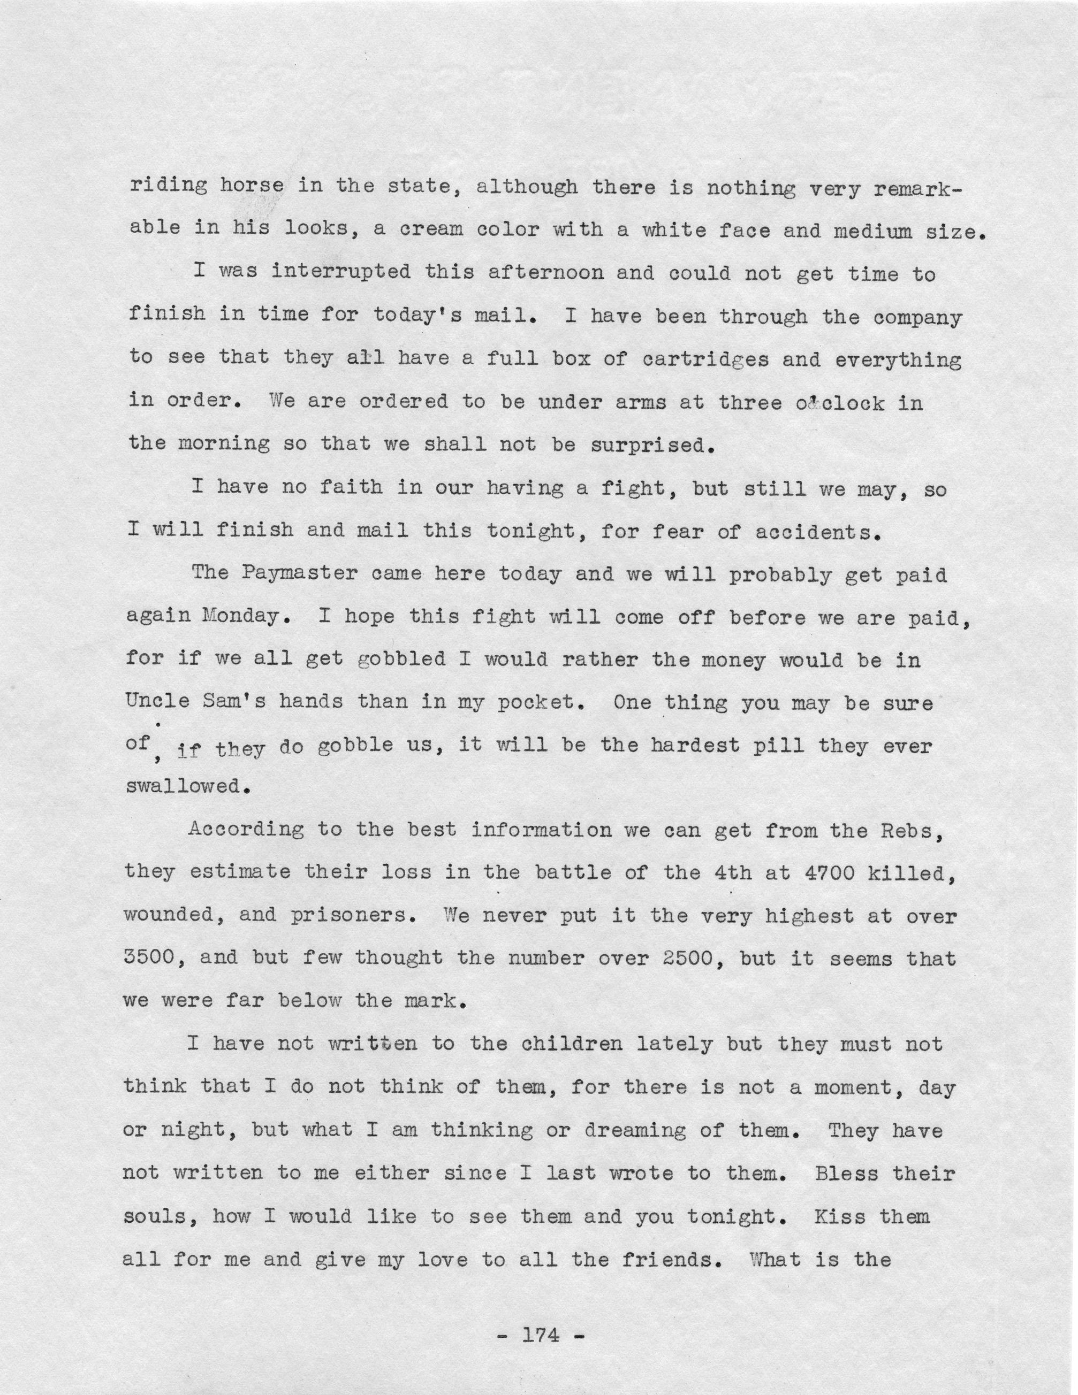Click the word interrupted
coord(340,274)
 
